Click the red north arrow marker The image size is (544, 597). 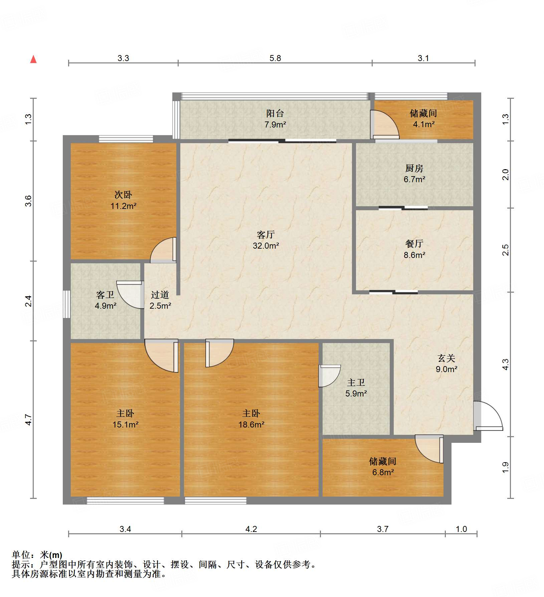coord(33,59)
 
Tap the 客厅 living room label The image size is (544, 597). coord(266,235)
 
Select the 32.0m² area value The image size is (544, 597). coord(266,246)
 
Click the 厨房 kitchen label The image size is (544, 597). coord(414,168)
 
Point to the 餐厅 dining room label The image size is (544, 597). coord(414,244)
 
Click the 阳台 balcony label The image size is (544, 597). coord(275,113)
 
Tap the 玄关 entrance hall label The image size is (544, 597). coord(446,358)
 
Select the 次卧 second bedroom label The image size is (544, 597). coord(123,195)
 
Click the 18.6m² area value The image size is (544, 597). coord(251,424)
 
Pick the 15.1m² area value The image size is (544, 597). coord(125,424)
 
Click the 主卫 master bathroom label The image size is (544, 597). coord(356,382)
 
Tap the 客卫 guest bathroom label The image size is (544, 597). coord(105,295)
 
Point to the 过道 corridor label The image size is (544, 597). coord(160,295)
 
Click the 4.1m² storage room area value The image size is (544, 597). coord(423,124)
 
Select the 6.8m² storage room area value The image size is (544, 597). coord(383,472)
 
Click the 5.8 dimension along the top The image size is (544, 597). coord(275,58)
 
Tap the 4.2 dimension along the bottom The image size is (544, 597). coord(251,529)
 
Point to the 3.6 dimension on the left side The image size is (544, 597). coord(28,201)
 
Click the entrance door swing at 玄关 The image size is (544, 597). coord(488,416)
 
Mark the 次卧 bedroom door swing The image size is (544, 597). coord(163,250)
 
